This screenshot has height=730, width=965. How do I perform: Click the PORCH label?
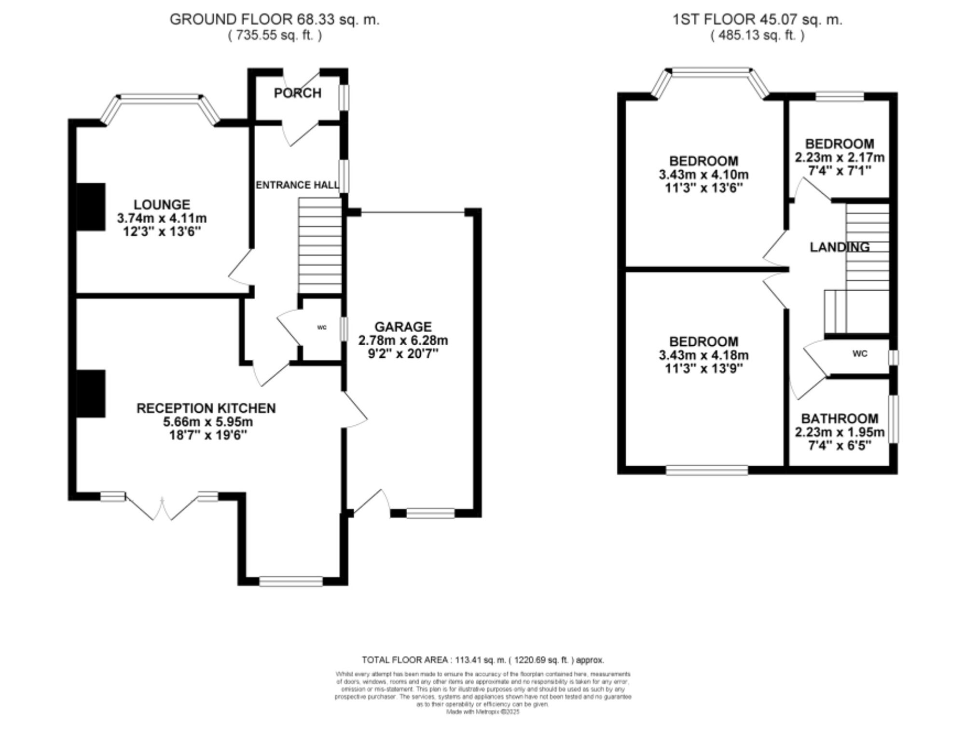pos(297,93)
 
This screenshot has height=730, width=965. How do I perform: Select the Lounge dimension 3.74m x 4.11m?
pos(162,218)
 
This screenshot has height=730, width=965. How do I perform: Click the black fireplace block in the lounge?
pos(91,206)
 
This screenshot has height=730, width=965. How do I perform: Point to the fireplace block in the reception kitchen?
pos(91,393)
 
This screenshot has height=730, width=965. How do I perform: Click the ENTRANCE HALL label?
pos(297,185)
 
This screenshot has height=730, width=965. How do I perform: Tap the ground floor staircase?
pos(320,246)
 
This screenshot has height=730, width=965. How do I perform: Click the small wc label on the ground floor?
pos(322,327)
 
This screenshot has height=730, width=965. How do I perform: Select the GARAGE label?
pos(403,327)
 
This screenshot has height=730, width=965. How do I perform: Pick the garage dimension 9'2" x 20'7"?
pos(403,353)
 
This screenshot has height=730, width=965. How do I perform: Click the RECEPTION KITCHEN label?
pos(206,408)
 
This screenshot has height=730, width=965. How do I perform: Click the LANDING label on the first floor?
pos(840,247)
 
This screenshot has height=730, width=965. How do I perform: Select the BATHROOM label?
pos(840,419)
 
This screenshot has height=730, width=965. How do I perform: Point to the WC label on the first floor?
pos(860,353)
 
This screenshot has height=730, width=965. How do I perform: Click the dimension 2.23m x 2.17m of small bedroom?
pos(840,157)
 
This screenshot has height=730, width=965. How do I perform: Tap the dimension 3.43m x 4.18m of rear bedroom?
pos(703,355)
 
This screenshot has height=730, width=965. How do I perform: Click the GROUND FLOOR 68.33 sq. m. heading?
pos(275,20)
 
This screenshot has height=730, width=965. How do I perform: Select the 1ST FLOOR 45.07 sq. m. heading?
pos(757,20)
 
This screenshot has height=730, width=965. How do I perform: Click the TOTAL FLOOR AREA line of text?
pos(482,660)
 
